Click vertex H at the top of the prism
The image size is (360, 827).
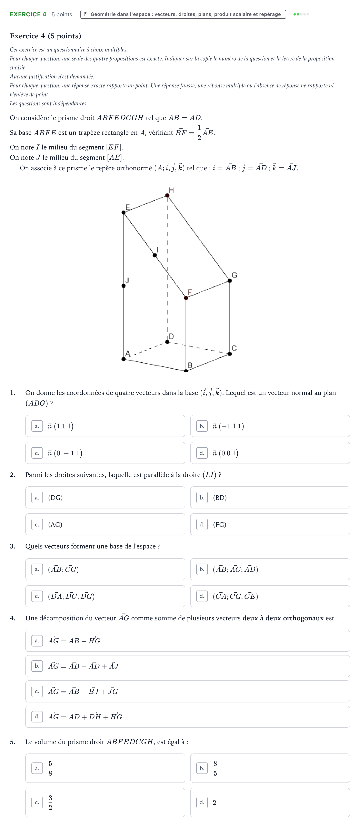pyautogui.click(x=167, y=195)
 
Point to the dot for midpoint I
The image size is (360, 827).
pyautogui.click(x=155, y=255)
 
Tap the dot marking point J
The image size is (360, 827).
pyautogui.click(x=123, y=286)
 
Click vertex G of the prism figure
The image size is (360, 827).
pyautogui.click(x=230, y=281)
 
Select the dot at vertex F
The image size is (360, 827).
pyautogui.click(x=186, y=298)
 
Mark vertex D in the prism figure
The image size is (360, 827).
pyautogui.click(x=167, y=342)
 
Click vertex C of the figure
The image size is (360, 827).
pyautogui.click(x=230, y=354)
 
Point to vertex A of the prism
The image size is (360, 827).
pyautogui.click(x=123, y=359)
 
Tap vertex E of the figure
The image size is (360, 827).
pyautogui.click(x=123, y=213)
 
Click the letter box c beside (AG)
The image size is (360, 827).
pyautogui.click(x=37, y=525)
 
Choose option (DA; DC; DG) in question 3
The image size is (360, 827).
pyautogui.click(x=105, y=596)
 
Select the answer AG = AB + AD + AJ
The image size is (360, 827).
pyautogui.click(x=188, y=666)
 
